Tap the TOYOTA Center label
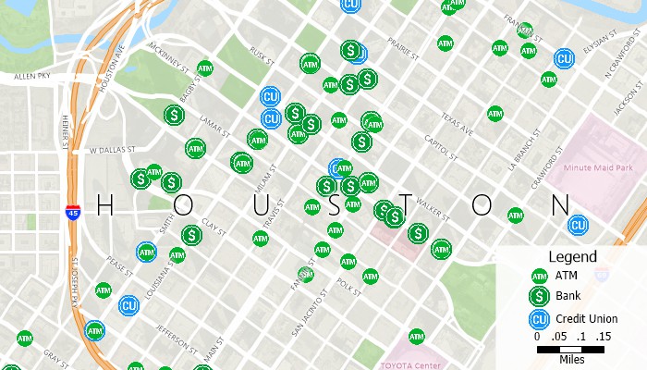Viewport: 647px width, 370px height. pos(410,364)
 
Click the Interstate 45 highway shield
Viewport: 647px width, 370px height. pos(72,213)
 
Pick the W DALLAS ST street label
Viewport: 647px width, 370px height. pos(112,148)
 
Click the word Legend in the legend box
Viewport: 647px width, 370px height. pos(572,256)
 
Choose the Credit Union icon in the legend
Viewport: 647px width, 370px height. pos(539,319)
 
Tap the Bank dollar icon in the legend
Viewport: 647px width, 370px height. pos(539,296)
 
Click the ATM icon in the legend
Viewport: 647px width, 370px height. pos(539,276)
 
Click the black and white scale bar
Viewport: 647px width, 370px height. pos(570,350)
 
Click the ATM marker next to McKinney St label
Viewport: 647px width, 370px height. pos(205,68)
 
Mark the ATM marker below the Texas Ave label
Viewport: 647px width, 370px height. pos(495,113)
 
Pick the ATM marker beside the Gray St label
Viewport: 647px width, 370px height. pos(25,339)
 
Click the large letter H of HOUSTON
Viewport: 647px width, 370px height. pos(104,205)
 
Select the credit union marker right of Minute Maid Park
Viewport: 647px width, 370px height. pos(579,225)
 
